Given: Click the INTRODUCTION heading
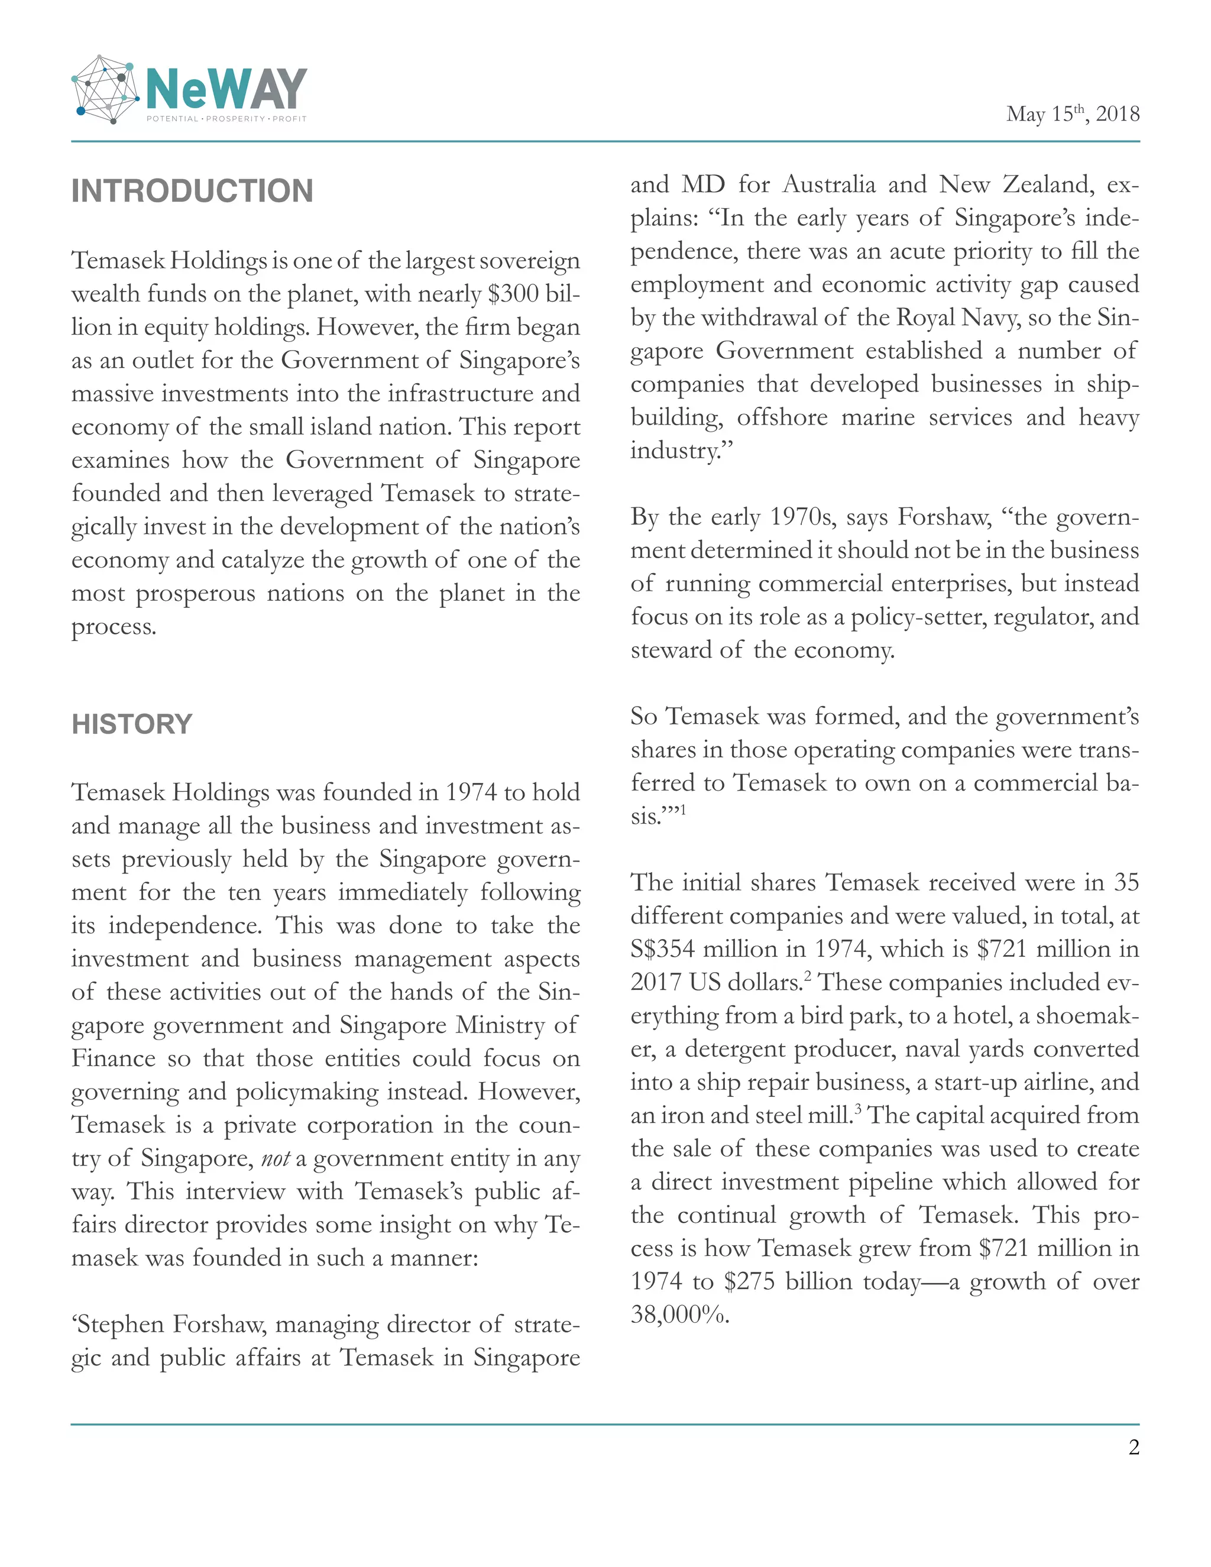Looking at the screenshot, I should (192, 192).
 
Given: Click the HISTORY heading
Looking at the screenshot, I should (132, 724).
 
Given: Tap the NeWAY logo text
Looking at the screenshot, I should (226, 89).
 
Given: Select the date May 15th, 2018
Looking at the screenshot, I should (1072, 114).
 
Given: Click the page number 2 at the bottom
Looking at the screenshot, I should (1134, 1447).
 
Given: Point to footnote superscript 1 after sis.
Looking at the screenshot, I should (683, 810).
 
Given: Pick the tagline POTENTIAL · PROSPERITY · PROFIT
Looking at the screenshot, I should (226, 118).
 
